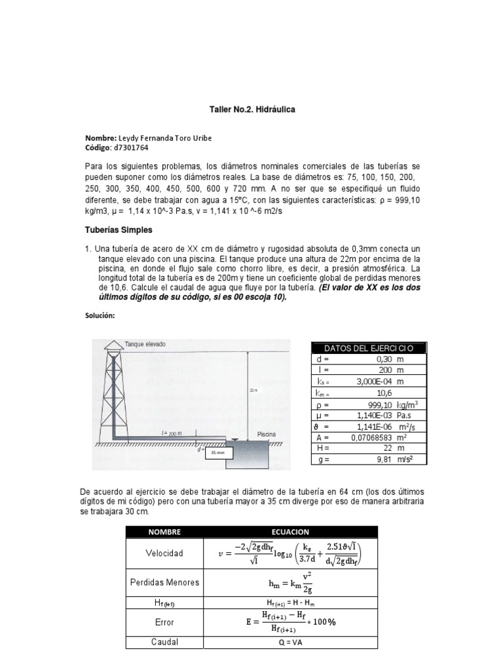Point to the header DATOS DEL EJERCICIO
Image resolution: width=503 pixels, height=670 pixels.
click(x=369, y=347)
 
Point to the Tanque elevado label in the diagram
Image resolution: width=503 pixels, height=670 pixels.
click(x=145, y=344)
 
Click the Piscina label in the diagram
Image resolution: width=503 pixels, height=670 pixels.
click(x=266, y=433)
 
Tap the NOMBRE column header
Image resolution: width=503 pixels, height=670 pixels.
click(x=164, y=532)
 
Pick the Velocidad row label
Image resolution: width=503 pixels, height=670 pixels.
click(x=164, y=553)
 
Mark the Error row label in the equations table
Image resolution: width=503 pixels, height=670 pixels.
click(x=164, y=622)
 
